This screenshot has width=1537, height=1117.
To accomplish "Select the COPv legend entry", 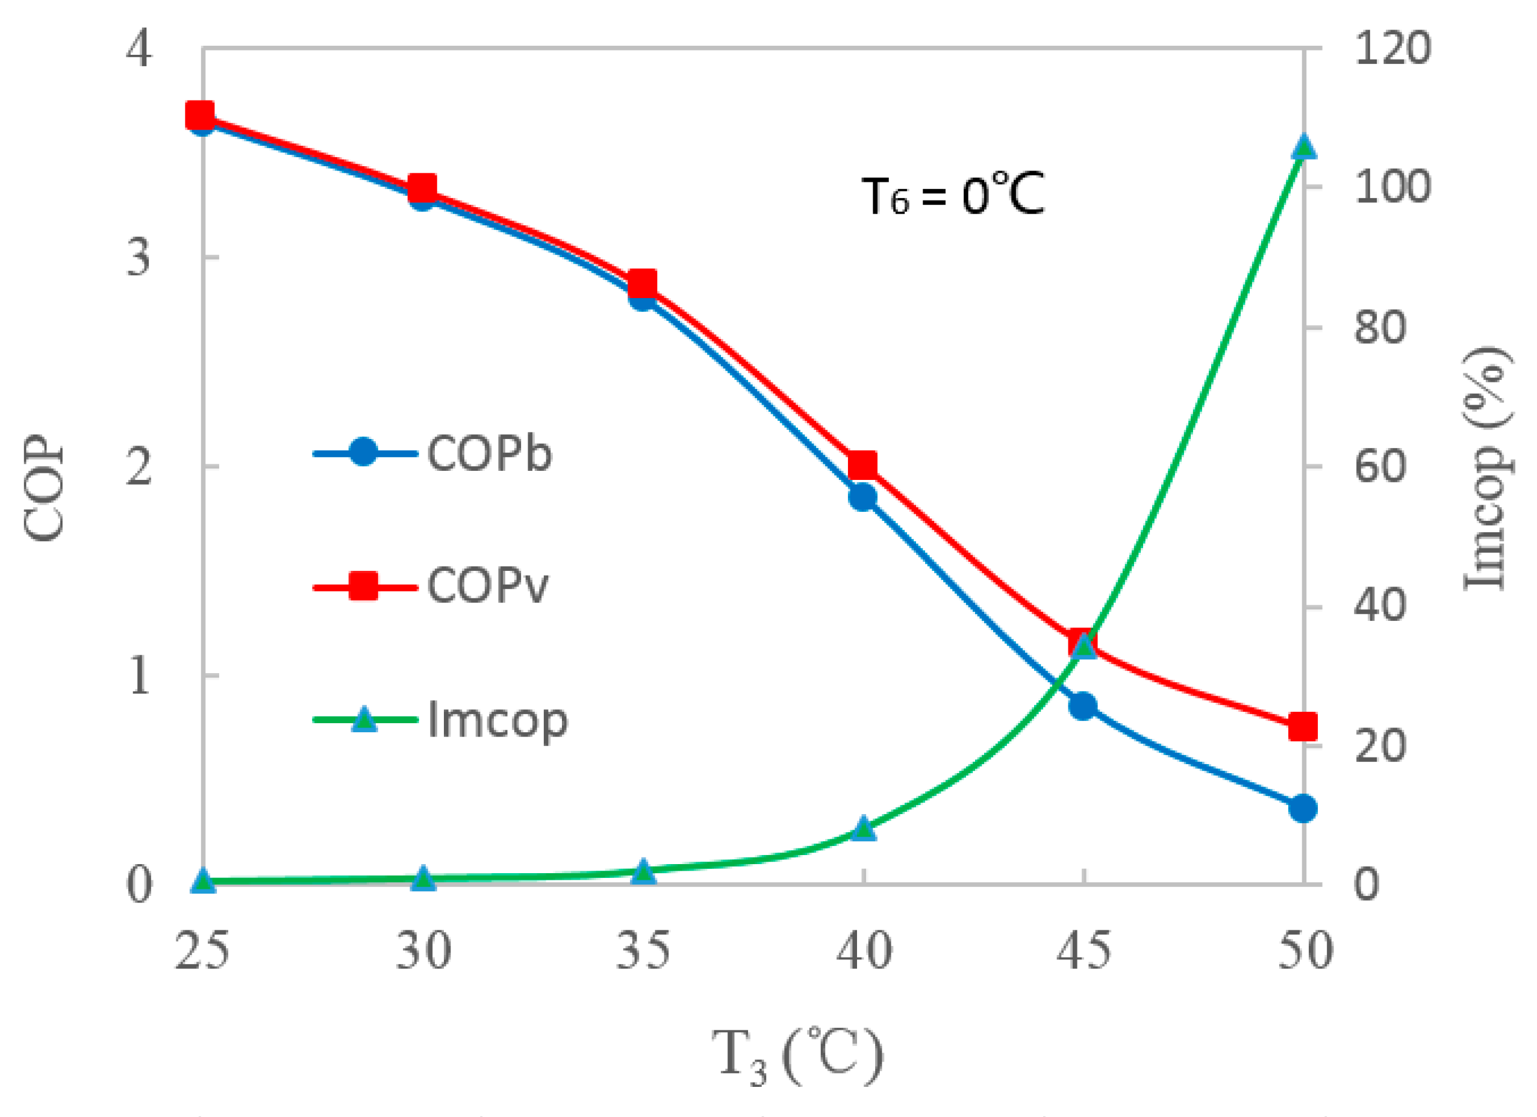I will click(432, 585).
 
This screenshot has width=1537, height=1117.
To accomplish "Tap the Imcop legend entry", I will click(440, 720).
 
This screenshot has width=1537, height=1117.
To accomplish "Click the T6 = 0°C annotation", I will click(952, 195).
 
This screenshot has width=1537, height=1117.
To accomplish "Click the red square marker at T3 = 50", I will click(1303, 727).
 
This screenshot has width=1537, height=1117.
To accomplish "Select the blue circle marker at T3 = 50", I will click(1303, 808).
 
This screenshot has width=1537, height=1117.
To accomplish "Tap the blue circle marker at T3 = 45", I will click(1083, 706).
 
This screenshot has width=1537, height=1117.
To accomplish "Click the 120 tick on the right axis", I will click(1391, 49).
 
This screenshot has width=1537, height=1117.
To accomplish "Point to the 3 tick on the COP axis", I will click(139, 258).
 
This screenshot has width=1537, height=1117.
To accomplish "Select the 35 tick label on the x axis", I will click(643, 950).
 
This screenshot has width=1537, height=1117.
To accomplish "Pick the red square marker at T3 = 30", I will click(422, 188).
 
